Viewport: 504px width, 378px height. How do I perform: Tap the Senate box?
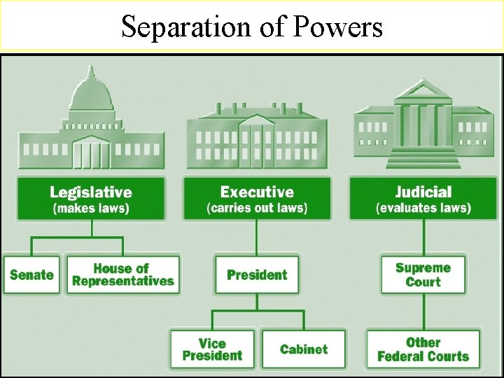coord(31,274)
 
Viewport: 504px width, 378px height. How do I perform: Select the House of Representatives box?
coord(123,274)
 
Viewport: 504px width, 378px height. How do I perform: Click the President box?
coord(257,274)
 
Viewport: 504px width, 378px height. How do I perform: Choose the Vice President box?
coord(212,349)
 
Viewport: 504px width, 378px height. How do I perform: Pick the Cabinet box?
coord(303,349)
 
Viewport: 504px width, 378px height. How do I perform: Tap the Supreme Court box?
coord(423,274)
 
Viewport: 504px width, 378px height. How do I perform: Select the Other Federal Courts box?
coord(423,349)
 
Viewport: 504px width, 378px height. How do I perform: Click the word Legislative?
coord(91,192)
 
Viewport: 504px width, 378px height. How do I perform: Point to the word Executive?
coord(257,192)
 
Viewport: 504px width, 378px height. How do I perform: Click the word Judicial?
coord(423,192)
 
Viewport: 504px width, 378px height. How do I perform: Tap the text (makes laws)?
coord(91,209)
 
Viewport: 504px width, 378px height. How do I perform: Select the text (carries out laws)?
coord(257,209)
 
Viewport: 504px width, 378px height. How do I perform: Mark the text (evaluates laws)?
coord(423,209)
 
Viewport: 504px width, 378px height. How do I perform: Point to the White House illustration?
coord(257,136)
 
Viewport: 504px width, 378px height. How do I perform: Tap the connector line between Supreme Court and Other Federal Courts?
coord(423,311)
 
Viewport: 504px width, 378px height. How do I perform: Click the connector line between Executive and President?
coord(257,238)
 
